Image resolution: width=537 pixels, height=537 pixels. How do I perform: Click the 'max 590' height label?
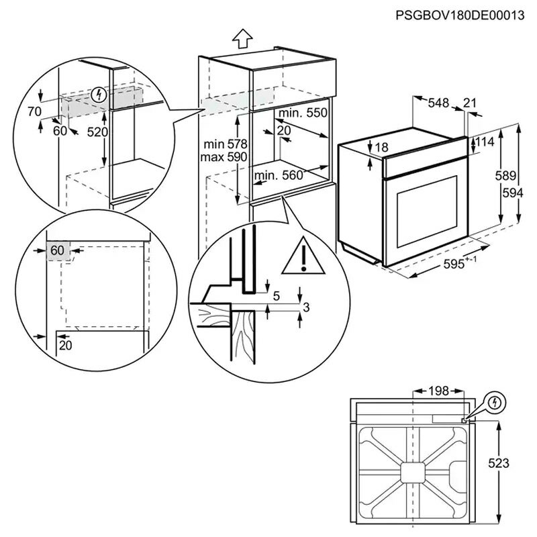point(225,156)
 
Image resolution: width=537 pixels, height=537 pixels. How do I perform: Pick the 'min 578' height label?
point(225,144)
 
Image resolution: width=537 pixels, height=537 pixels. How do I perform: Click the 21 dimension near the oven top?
point(470,103)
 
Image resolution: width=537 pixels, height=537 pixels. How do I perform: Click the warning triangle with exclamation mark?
point(303,258)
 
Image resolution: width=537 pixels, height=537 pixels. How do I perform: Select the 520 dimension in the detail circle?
point(97,132)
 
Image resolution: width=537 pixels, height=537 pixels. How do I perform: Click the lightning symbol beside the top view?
point(495,402)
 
